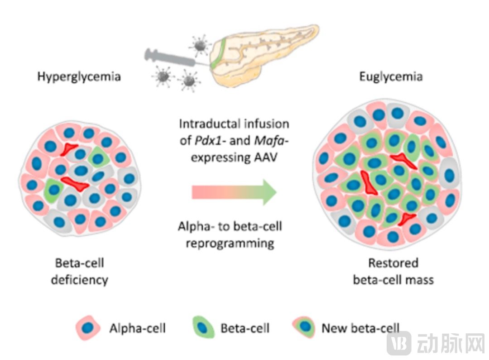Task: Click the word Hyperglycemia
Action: tap(79, 76)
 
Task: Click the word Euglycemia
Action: tap(391, 76)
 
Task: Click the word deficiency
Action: tap(79, 279)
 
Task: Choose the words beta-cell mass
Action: tap(393, 279)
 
